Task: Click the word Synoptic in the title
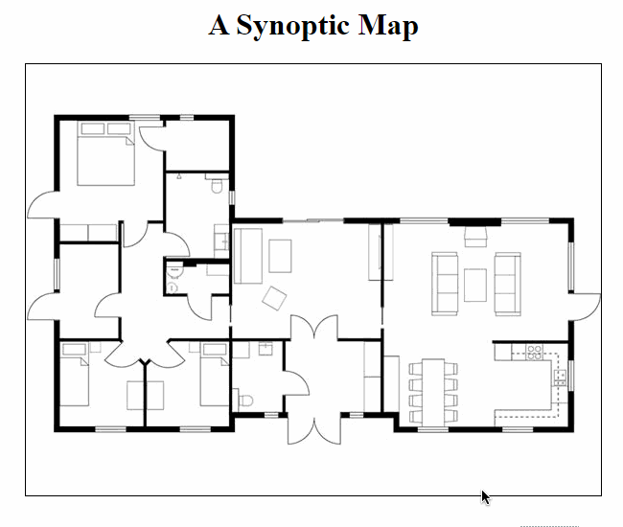292,26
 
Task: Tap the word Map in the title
388,26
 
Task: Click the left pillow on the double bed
93,128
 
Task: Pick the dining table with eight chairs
433,392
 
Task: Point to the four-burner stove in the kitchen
534,352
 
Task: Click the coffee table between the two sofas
475,285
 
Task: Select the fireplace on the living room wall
475,237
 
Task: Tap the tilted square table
274,298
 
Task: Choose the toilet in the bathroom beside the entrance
246,401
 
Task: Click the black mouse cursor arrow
485,497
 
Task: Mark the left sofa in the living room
445,284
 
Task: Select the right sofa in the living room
507,284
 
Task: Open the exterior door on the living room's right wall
586,307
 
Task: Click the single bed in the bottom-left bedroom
75,375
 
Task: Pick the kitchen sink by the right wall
560,378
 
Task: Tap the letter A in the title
219,25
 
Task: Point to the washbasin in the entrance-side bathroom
265,349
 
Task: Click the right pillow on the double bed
119,128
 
